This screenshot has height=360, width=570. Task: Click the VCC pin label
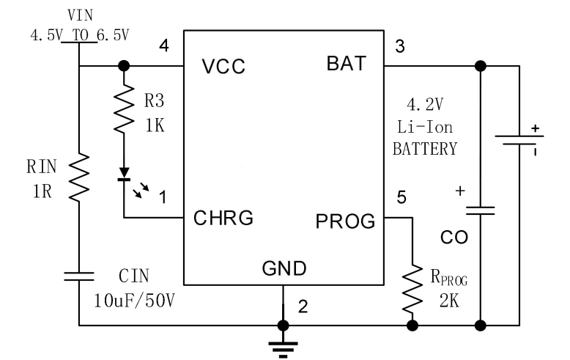coord(223,67)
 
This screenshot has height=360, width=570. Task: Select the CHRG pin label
coord(223,218)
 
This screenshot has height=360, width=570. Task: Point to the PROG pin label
coord(345,218)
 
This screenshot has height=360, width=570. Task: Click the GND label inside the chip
coord(284,268)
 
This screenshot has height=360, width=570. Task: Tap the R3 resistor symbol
coord(124,111)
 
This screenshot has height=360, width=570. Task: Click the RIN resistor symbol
coord(78,176)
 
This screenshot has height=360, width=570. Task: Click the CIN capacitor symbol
coord(78,276)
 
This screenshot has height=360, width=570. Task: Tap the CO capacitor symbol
coord(480,210)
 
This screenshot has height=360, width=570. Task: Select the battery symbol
coord(519,140)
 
